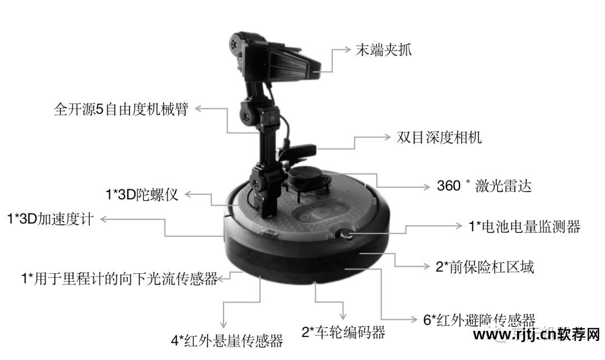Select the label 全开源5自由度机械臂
(x=120, y=109)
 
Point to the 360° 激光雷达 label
(x=483, y=186)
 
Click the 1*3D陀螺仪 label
(x=142, y=195)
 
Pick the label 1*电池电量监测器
(x=524, y=226)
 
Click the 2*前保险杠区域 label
(x=485, y=267)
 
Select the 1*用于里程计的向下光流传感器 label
(x=119, y=278)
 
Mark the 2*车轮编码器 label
(x=343, y=332)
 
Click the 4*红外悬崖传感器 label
(x=226, y=340)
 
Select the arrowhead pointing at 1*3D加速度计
(x=104, y=219)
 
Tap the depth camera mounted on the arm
(x=299, y=152)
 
